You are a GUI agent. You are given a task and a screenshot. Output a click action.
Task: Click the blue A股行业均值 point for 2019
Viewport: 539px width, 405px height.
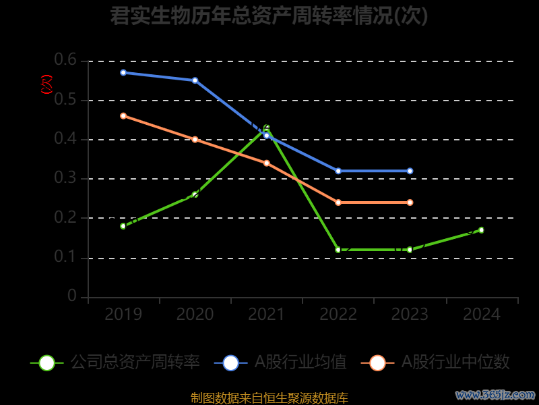[x=123, y=72]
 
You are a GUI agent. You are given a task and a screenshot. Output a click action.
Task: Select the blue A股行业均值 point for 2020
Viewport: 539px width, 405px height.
[x=195, y=80]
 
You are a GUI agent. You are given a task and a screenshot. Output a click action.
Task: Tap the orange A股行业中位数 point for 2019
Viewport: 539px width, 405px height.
[x=123, y=115]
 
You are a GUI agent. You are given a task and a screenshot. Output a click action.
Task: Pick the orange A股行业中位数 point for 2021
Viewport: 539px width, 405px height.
[x=267, y=163]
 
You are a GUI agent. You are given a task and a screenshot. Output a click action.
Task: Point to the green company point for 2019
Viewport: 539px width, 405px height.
[x=123, y=226]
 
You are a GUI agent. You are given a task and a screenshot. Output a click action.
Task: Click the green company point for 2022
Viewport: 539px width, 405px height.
[x=338, y=250]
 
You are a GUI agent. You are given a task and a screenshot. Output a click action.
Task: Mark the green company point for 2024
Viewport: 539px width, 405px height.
[x=481, y=230]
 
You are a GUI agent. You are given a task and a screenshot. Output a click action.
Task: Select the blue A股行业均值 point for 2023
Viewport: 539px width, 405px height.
[x=410, y=171]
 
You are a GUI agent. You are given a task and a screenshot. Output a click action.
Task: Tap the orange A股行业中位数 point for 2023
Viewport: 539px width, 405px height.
[x=410, y=202]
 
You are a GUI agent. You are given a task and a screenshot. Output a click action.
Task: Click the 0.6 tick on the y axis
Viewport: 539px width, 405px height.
[x=66, y=61]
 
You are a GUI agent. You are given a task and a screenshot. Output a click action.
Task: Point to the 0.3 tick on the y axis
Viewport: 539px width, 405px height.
[x=66, y=179]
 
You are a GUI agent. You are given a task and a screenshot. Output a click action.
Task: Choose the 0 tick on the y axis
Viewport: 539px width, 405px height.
[x=72, y=297]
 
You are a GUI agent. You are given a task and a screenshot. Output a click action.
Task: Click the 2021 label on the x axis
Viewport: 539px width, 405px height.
[x=267, y=315]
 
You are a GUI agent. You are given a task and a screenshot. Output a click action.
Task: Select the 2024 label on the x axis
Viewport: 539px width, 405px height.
[x=481, y=315]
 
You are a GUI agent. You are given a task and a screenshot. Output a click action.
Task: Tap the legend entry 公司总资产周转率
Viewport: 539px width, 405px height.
[x=116, y=362]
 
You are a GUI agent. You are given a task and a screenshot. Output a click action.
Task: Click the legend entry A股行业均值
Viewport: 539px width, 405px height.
[x=281, y=362]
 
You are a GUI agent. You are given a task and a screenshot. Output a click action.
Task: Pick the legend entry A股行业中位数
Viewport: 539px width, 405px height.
[x=436, y=362]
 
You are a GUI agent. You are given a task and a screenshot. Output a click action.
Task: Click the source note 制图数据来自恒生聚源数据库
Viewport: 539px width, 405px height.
[x=269, y=398]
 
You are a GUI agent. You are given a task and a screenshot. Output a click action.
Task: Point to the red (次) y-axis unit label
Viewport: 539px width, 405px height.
[x=46, y=84]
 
